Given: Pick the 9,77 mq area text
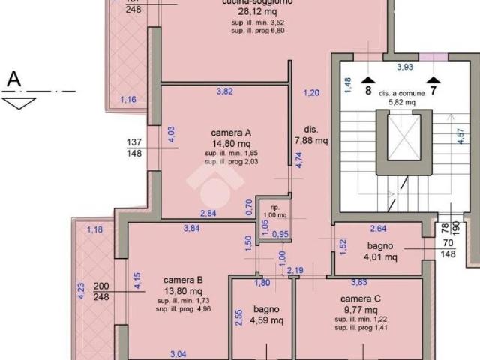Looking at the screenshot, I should coord(362,309).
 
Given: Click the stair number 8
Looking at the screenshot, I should coord(367,91).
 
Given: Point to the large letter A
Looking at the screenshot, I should coord(13,78).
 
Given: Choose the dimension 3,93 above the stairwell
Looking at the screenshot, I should coord(405,67).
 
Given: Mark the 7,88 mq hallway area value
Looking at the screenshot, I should coord(312,140).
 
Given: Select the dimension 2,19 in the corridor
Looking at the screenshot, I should coord(295,270).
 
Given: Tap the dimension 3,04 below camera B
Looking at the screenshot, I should coord(178,353).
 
